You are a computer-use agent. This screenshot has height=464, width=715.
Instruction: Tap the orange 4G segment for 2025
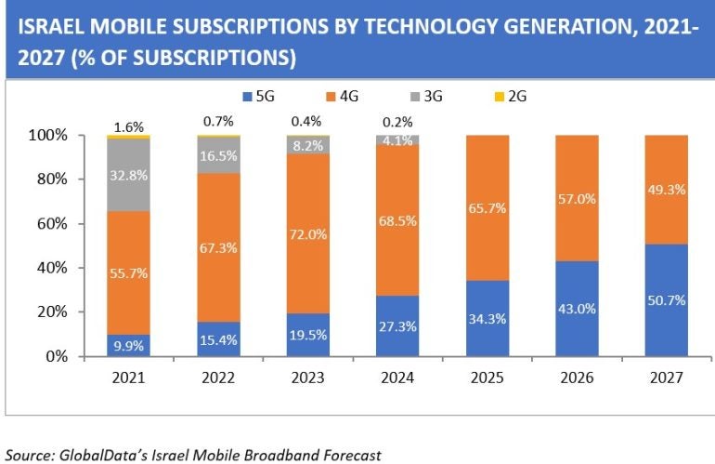click(487, 207)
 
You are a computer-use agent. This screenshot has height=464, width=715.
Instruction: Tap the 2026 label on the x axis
click(576, 379)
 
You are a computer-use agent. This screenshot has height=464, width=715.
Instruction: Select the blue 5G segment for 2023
click(306, 335)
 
